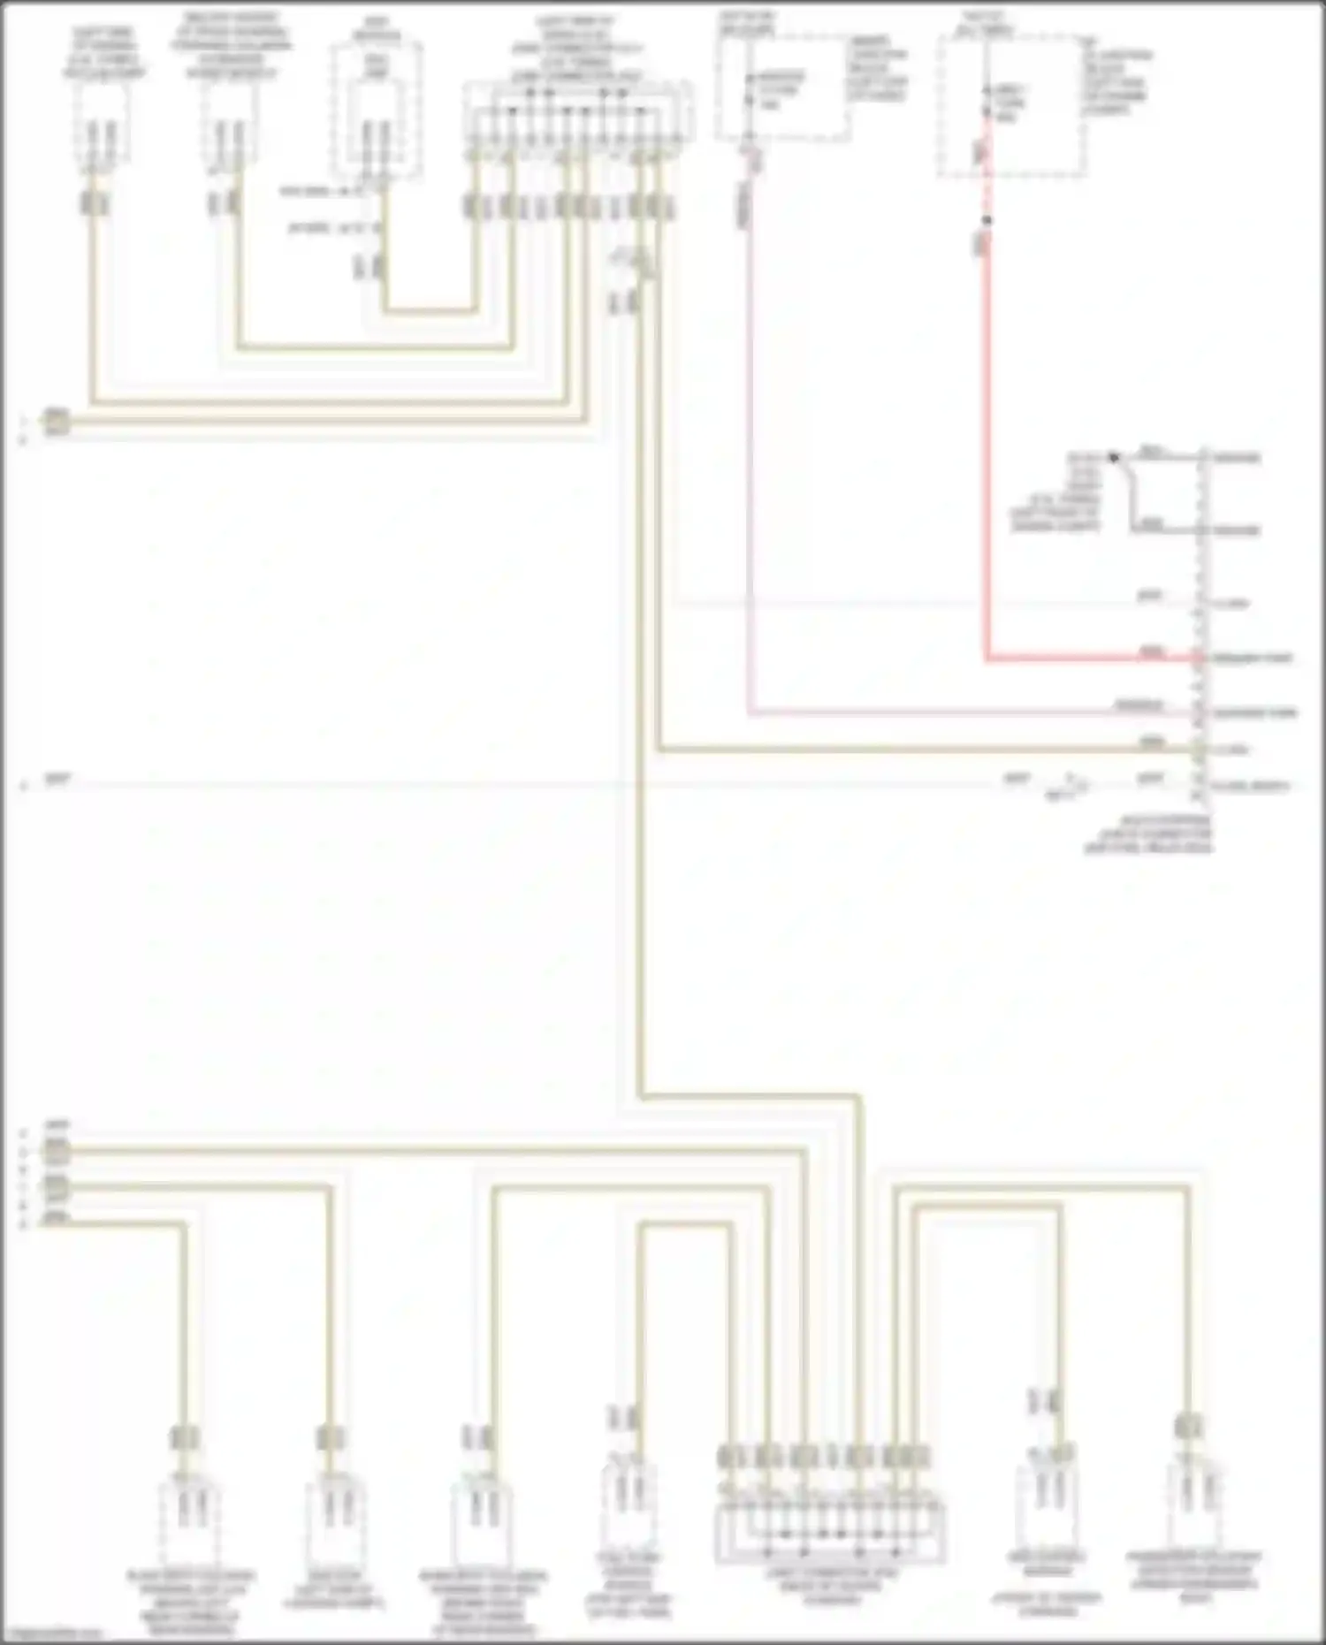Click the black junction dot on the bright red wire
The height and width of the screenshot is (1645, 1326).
click(x=987, y=220)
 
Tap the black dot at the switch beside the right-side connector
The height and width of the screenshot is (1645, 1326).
click(x=1114, y=457)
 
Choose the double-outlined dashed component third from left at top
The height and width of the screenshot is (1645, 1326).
click(x=377, y=110)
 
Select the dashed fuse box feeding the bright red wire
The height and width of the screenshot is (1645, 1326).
click(x=1011, y=106)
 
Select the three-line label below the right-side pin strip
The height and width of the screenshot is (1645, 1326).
click(x=1149, y=834)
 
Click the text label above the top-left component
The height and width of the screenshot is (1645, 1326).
click(x=103, y=53)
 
